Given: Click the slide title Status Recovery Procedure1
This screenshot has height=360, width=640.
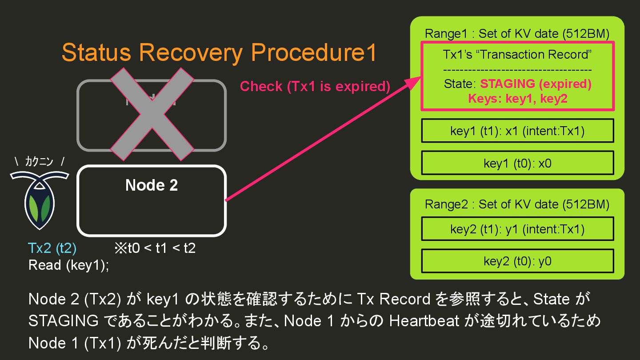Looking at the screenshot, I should (x=219, y=53).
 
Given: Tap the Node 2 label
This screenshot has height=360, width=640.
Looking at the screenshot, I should (x=152, y=185).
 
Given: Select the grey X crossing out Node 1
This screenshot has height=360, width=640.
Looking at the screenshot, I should (x=152, y=114).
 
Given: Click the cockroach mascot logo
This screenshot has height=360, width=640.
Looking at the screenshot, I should (x=39, y=200).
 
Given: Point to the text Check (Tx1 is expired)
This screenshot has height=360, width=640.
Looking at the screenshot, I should (x=315, y=86).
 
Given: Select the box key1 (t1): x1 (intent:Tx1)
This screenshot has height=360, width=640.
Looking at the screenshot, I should (x=517, y=131).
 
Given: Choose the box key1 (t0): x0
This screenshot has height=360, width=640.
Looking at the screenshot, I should (x=517, y=163).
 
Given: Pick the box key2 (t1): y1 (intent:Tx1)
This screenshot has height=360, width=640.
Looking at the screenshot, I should (x=517, y=229).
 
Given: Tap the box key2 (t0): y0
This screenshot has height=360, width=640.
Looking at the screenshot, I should (x=517, y=261).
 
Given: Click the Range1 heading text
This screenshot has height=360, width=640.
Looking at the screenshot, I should (x=517, y=34).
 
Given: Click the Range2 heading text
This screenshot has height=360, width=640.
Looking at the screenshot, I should (x=517, y=204).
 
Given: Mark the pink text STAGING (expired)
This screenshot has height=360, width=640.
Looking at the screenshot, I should (x=536, y=84).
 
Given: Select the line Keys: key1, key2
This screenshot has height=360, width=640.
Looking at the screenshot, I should (x=517, y=98).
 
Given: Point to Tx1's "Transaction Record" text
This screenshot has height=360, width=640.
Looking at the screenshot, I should (x=517, y=55).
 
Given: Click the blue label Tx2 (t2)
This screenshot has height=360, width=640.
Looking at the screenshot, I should (x=52, y=248).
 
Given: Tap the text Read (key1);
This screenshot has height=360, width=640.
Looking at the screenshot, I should (x=68, y=265).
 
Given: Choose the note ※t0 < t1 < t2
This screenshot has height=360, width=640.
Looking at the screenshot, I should (x=155, y=248).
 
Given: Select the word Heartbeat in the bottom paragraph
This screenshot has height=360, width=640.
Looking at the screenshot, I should (x=424, y=320).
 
